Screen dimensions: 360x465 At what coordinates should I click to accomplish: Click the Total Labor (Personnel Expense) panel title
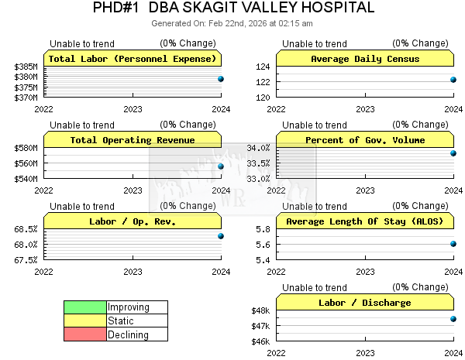pos(133,59)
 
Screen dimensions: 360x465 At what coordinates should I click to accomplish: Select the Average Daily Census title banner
pos(365,59)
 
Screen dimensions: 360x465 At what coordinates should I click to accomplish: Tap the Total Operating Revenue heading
pos(133,140)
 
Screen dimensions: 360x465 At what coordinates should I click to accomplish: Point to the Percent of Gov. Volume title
pos(365,140)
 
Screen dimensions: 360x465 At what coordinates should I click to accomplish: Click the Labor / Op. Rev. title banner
pos(133,221)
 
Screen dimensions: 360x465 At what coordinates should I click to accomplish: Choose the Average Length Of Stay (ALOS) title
pos(365,221)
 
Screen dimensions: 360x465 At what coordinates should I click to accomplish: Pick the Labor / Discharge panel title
pos(365,303)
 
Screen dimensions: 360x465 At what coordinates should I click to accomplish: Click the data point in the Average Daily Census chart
pos(453,80)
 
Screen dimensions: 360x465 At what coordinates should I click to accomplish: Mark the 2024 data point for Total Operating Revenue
pos(221,166)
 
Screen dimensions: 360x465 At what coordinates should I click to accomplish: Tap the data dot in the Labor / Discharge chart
pos(453,319)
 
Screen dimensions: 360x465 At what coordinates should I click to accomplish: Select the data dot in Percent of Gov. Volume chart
pos(453,153)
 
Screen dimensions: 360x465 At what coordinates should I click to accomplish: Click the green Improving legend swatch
pos(85,307)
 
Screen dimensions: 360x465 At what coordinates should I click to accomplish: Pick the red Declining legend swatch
pos(85,335)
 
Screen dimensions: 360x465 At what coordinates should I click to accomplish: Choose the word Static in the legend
pos(121,321)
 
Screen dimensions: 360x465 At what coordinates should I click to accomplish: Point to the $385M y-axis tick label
pos(26,67)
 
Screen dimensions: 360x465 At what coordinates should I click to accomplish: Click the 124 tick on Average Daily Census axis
pos(262,67)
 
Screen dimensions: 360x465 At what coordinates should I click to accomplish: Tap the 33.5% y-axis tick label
pos(257,163)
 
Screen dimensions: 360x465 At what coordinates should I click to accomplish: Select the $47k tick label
pos(260,326)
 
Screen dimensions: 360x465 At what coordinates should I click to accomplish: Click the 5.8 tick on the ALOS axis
pos(262,229)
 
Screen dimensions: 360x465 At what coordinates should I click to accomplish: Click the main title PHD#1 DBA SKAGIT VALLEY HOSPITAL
pos(232,9)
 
